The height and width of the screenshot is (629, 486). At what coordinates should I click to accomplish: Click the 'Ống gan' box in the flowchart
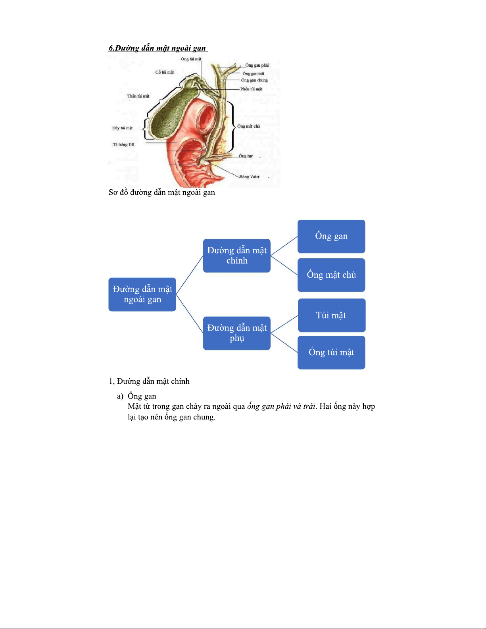[331, 237]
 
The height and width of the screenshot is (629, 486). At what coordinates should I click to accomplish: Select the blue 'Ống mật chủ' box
[331, 275]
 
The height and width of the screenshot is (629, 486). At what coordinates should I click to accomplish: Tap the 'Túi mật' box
[331, 315]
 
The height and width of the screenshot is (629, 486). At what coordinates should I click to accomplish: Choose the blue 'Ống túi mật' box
[331, 352]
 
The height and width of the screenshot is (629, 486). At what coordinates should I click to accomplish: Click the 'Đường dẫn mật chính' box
[237, 256]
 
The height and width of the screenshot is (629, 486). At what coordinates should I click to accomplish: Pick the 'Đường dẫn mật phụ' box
[237, 333]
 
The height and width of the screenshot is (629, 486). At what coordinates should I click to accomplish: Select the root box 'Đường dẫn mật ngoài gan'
[142, 294]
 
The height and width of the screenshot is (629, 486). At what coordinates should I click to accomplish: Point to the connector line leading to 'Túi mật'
[284, 324]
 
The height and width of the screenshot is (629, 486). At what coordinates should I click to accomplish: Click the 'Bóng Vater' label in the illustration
[249, 177]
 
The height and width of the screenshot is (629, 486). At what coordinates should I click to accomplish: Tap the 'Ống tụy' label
[246, 156]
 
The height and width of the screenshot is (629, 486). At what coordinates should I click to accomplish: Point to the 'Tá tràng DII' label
[123, 144]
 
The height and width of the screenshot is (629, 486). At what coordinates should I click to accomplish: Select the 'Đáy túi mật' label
[122, 128]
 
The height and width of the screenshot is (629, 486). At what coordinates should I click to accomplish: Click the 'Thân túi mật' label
[138, 96]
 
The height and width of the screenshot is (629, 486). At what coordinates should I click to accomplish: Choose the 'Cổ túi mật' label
[164, 72]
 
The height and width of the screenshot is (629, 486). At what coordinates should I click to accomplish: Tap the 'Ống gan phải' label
[257, 65]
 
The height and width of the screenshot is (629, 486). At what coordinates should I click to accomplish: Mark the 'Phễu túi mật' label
[251, 89]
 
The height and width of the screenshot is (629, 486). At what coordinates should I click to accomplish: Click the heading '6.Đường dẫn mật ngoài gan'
[158, 48]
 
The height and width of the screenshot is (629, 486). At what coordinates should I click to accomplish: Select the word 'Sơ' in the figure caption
[113, 192]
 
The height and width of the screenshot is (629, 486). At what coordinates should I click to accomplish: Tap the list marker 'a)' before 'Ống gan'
[120, 396]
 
